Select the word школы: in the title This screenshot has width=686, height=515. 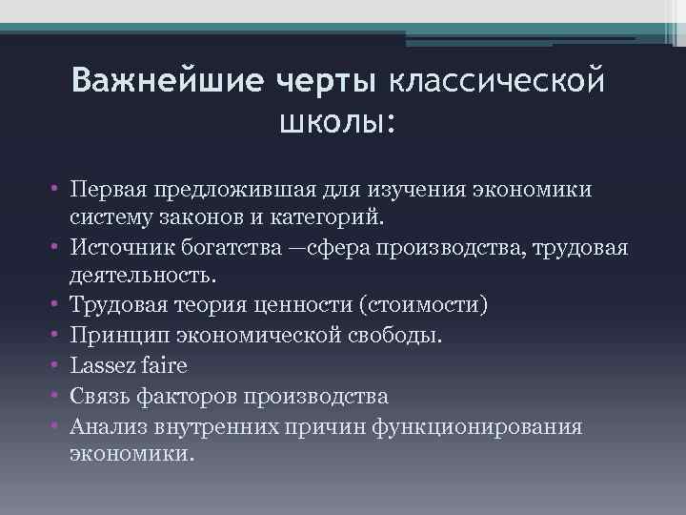pyautogui.click(x=336, y=122)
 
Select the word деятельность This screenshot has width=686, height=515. pyautogui.click(x=143, y=276)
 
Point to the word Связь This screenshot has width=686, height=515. pyautogui.click(x=98, y=395)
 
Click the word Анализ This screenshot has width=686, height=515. pyautogui.click(x=104, y=424)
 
